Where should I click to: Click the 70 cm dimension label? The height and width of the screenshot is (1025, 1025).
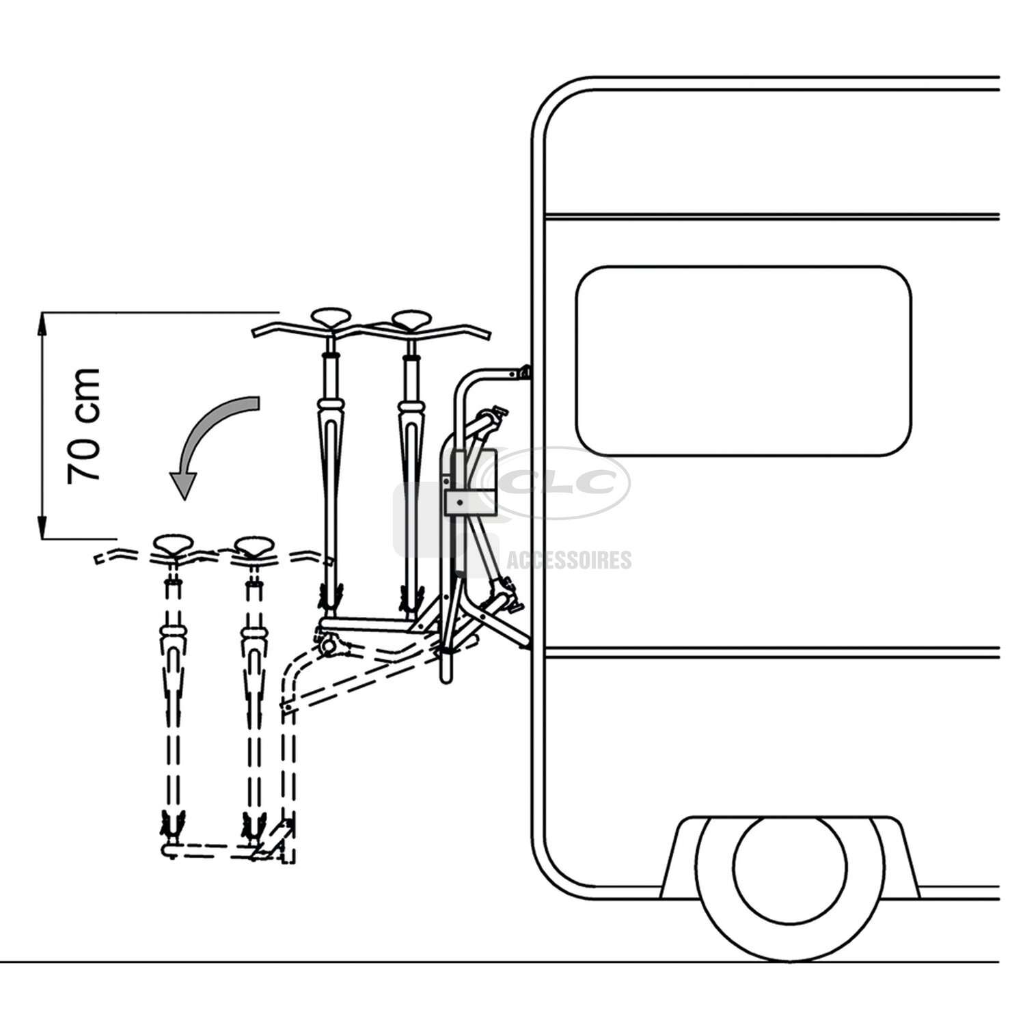[x=84, y=425]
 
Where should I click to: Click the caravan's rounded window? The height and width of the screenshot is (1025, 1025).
[x=743, y=361]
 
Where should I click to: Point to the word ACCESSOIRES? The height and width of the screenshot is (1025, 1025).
[x=569, y=560]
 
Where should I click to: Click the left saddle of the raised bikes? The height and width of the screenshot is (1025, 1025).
[x=331, y=317]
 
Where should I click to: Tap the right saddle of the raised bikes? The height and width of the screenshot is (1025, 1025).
[x=411, y=318]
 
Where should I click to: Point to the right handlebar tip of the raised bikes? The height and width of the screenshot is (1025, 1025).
[x=489, y=335]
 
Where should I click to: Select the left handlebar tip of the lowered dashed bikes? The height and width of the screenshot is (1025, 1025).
[x=96, y=560]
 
